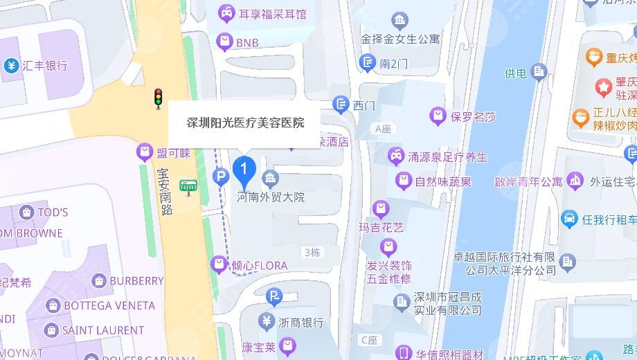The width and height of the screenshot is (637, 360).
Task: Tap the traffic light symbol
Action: pos(158,98)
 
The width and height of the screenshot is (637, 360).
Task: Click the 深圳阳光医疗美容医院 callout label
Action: pos(245,123)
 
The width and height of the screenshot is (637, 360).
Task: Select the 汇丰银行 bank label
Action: pos(45,66)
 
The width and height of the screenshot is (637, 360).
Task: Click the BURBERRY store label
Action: pos(136,281)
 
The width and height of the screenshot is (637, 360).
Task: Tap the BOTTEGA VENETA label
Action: pos(109,305)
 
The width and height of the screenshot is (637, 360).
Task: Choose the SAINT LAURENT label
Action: pos(102,330)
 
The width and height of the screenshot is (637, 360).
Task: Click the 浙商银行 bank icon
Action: pos(267,321)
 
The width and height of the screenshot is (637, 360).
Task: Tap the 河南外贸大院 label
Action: pos(271,197)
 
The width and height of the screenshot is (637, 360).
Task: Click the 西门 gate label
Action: pos(364,106)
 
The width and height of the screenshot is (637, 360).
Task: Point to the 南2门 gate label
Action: pos(394,64)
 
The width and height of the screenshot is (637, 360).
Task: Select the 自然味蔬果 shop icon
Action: pos(404,181)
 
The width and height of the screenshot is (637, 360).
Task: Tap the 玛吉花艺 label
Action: pos(380,227)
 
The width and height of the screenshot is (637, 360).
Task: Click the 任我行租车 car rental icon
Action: pos(569,219)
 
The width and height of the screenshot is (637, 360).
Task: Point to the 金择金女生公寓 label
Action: pos(400,39)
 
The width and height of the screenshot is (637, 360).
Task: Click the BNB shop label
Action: pos(247,43)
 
